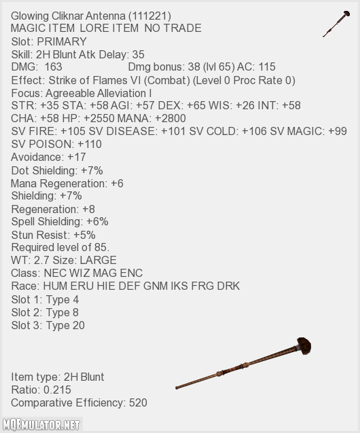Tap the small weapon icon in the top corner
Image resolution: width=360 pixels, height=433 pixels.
[336, 24]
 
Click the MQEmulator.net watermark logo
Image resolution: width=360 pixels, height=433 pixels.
[41, 425]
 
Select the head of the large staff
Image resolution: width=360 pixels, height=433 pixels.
[304, 345]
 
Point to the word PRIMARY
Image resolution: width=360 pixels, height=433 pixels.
[62, 41]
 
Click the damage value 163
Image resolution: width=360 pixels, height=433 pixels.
[54, 67]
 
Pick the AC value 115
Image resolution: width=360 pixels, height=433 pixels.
[267, 67]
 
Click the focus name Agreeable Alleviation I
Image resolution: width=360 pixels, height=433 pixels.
[98, 94]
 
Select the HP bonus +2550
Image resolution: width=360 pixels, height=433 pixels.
[99, 118]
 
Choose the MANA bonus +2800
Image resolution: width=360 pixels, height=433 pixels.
[170, 118]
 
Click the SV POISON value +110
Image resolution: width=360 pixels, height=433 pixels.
[90, 144]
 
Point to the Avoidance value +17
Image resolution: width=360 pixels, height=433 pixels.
[77, 157]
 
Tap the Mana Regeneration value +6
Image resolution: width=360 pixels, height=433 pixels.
[117, 183]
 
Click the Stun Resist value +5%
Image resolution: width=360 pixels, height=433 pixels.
[84, 235]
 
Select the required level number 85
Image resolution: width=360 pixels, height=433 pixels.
[101, 248]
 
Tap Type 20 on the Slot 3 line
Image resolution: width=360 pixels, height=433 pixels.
[65, 325]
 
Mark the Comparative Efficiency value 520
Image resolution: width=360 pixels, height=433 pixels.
[138, 402]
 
